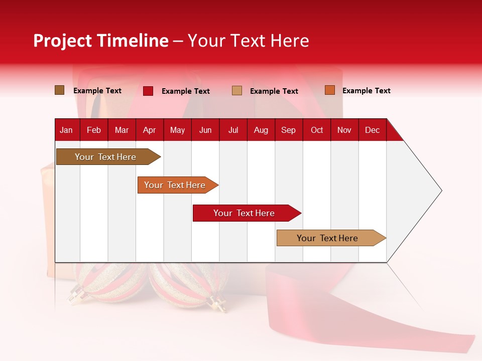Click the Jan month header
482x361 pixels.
(x=66, y=130)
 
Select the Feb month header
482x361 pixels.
(x=94, y=130)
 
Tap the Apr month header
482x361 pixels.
(x=150, y=130)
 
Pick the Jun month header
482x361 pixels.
(x=205, y=130)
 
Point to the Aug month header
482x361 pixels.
(x=261, y=130)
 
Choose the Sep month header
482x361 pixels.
(x=289, y=130)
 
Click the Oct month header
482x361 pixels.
(x=317, y=130)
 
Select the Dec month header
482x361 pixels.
(x=373, y=130)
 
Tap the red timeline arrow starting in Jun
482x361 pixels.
(x=245, y=213)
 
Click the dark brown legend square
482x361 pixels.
(x=60, y=90)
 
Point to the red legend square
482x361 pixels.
(x=148, y=91)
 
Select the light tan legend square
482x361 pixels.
(x=237, y=91)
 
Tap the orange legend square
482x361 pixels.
(x=330, y=90)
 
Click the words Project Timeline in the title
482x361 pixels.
(x=101, y=41)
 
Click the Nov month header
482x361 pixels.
(x=344, y=130)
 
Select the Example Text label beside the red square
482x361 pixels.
(x=186, y=91)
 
